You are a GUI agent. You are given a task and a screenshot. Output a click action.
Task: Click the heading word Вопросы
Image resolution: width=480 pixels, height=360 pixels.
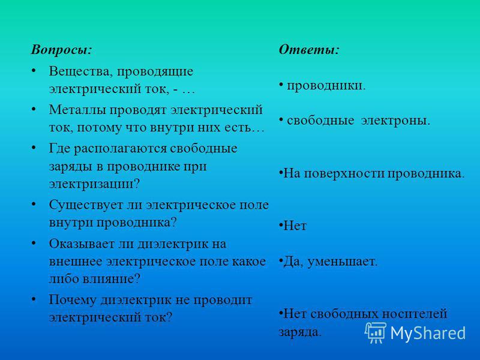click(61, 50)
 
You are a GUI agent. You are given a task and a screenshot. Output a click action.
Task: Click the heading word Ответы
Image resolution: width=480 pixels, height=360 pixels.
click(309, 50)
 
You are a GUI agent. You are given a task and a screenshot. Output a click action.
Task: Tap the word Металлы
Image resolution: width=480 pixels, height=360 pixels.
click(77, 110)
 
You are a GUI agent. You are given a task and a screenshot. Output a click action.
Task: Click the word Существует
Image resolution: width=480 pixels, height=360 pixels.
click(86, 205)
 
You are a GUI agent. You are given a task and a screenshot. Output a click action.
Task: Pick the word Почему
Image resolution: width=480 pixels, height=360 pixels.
click(73, 301)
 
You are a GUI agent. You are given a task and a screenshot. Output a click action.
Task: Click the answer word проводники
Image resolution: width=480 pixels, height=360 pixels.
click(326, 86)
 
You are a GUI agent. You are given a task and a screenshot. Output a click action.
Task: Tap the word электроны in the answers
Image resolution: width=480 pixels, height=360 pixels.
click(395, 121)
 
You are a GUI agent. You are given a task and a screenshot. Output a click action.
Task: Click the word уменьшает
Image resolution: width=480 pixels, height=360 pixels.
click(342, 262)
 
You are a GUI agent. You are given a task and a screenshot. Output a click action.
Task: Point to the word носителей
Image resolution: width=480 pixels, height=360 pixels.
click(415, 314)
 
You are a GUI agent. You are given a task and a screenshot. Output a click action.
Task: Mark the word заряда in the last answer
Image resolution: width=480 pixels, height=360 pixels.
click(299, 332)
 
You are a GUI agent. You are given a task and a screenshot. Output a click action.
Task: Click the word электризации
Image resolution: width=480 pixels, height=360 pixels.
click(94, 184)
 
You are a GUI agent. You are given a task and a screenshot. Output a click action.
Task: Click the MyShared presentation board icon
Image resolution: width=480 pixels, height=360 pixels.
click(375, 332)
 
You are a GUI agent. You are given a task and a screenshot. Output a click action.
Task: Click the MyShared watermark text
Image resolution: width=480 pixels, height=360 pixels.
click(428, 332)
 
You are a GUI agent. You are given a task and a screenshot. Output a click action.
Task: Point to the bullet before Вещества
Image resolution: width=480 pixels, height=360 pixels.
click(34, 71)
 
